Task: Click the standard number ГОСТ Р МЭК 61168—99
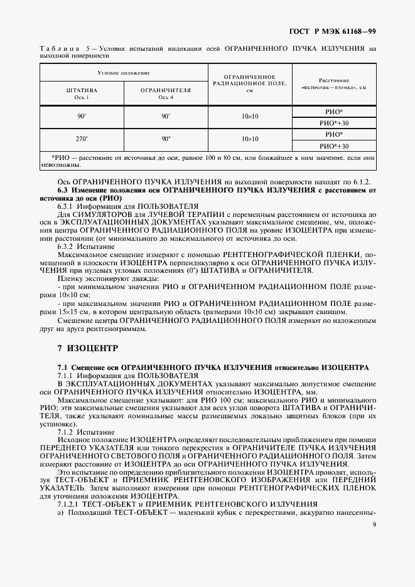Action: click(342, 30)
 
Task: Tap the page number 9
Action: click(374, 524)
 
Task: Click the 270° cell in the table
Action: click(82, 139)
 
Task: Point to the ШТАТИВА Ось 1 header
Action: click(82, 93)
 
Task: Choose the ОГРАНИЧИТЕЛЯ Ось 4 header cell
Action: click(166, 93)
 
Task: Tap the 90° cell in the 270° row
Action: click(166, 139)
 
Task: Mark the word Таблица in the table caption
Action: click(59, 48)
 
